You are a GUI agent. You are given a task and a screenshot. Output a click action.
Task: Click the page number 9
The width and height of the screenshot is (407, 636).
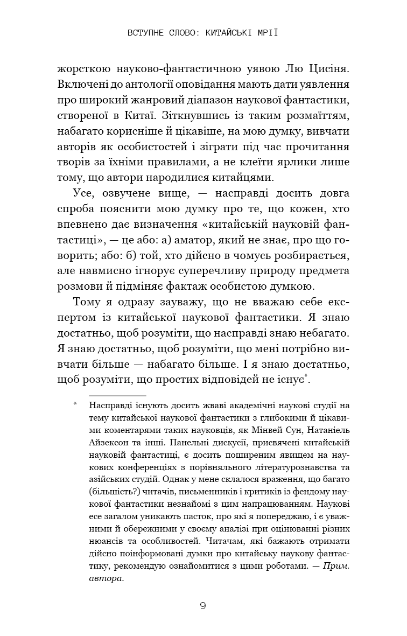pyautogui.click(x=202, y=605)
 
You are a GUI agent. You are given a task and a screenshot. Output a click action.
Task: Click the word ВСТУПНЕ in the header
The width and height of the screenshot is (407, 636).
pyautogui.click(x=146, y=32)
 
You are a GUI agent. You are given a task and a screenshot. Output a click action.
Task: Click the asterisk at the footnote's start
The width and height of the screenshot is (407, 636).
pyautogui.click(x=76, y=403)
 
